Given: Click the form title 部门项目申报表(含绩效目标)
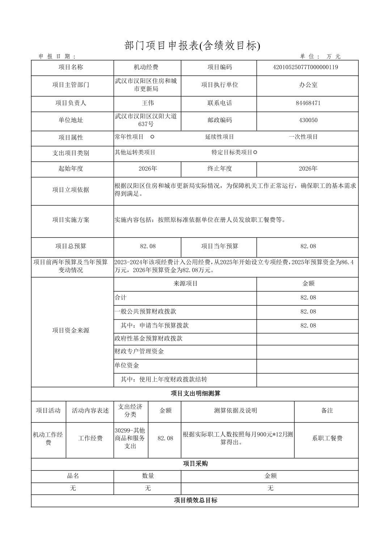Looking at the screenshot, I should click(x=192, y=46).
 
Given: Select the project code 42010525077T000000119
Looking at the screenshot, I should click(x=305, y=67).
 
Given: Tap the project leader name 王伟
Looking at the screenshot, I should click(x=148, y=103).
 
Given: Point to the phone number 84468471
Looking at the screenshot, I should click(x=308, y=103).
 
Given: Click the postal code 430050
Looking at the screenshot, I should click(x=308, y=120).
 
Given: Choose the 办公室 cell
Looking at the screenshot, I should click(x=308, y=85).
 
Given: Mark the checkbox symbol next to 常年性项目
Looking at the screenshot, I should click(x=152, y=137).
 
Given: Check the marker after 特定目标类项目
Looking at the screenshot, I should click(x=255, y=152).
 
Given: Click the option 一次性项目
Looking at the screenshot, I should click(x=303, y=137).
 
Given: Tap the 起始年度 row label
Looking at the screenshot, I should click(x=71, y=169).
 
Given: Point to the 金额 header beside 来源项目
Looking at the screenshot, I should click(x=308, y=284).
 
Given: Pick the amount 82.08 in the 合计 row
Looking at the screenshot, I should click(x=308, y=298).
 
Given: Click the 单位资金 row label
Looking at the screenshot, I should click(x=127, y=366).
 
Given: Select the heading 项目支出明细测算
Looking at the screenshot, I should click(x=195, y=394).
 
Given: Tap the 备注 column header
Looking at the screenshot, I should click(x=327, y=411).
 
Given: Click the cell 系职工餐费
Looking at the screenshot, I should click(x=327, y=438).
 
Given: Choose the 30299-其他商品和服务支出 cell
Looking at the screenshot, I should click(x=130, y=438).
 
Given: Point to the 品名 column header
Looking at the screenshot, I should click(x=73, y=476).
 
